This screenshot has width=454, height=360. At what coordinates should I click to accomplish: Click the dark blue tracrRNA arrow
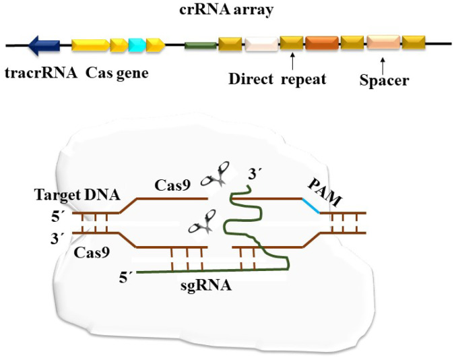click(44, 46)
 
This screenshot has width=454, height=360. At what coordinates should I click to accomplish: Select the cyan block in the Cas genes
click(137, 45)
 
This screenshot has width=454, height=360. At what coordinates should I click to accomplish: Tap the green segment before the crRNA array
click(200, 46)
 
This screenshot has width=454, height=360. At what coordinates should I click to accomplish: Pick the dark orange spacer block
click(322, 43)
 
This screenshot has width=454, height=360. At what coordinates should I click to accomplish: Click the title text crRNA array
click(226, 9)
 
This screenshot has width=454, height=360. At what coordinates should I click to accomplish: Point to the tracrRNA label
click(41, 73)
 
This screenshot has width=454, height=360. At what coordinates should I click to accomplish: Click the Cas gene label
click(117, 73)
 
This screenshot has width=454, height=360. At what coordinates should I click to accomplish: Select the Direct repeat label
click(278, 80)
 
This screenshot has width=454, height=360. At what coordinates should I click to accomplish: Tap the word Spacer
click(384, 81)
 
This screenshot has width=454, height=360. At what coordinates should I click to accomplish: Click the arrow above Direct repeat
click(293, 61)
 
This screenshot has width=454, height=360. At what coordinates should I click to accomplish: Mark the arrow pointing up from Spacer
click(383, 66)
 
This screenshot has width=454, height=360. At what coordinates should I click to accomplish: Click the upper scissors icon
click(216, 175)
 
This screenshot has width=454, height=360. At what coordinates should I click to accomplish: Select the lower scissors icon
click(202, 222)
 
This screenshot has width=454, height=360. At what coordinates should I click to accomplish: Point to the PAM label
click(325, 192)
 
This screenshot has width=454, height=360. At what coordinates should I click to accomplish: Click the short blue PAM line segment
click(311, 206)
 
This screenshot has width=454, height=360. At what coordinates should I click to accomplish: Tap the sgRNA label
click(206, 286)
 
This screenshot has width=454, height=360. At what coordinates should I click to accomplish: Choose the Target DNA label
click(77, 195)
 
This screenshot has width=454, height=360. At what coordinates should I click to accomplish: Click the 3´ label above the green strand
click(255, 175)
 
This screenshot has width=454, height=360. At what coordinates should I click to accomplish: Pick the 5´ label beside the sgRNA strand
click(126, 278)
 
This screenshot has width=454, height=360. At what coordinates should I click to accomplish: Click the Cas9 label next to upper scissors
click(172, 185)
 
